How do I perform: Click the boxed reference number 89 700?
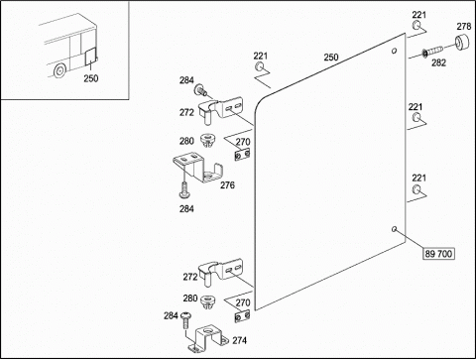pos(438,254)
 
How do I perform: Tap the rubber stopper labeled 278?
pos(462,42)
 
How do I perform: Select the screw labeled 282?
pos(432,51)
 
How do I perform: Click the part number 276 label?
pos(227,185)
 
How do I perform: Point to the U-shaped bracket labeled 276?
pos(198,168)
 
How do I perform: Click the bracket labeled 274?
pos(208,338)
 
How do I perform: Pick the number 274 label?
pos(239,340)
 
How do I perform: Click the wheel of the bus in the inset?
pos(59,70)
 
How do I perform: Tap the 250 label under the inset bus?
pos(91,78)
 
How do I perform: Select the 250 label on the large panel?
pos(331,58)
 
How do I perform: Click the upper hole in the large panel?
pos(394,51)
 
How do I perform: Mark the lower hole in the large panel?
pos(394,229)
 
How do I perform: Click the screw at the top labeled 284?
pos(200,89)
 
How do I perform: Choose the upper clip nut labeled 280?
pos(206,140)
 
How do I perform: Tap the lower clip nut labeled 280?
pos(208,301)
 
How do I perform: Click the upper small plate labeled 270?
pos(242,155)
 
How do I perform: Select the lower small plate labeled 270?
pos(242,316)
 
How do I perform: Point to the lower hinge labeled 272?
pos(220,272)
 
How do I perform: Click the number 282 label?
pos(438,62)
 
